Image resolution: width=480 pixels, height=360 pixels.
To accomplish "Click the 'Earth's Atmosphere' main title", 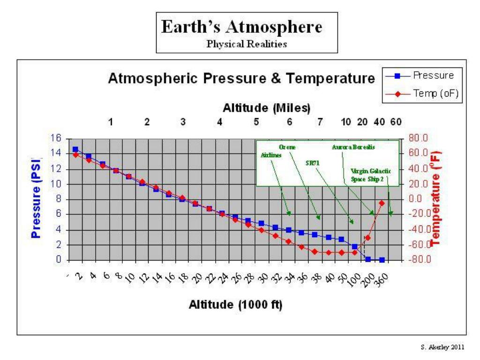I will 242,27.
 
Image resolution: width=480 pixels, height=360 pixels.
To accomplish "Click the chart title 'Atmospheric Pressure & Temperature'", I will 242,79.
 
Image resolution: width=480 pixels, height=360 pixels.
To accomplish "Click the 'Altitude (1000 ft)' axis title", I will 235,305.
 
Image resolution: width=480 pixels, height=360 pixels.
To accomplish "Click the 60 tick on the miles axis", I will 396,122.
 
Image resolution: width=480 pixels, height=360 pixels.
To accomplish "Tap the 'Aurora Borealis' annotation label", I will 354,147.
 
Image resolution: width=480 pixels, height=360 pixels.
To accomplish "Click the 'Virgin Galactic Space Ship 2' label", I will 371,175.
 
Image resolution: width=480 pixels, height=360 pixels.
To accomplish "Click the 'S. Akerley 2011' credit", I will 445,347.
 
